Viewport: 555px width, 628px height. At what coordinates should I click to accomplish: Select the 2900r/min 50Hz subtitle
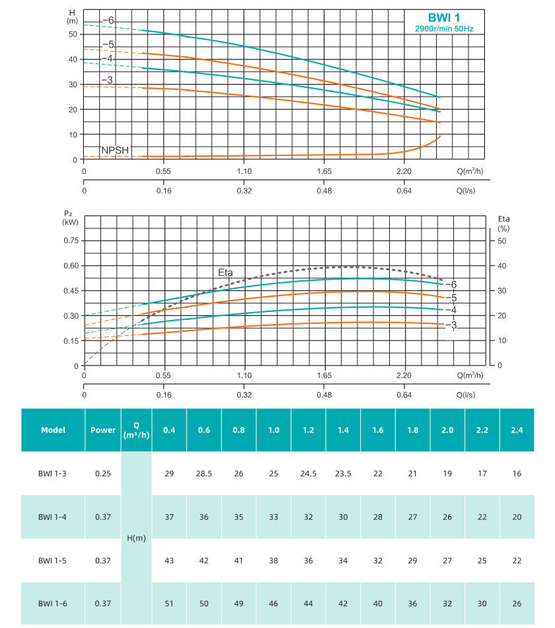(x=444, y=29)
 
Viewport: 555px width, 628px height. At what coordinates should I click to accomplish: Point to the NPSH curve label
(x=115, y=150)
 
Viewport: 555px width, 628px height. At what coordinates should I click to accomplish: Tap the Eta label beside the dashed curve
(x=225, y=272)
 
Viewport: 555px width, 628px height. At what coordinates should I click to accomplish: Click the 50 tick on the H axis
(x=73, y=34)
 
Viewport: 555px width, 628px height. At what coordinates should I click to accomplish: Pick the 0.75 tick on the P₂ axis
(x=70, y=241)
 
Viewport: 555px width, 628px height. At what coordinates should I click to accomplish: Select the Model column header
(x=53, y=430)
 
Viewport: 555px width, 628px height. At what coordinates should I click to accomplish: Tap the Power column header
(x=103, y=430)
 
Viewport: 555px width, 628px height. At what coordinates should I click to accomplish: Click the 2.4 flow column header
(x=517, y=430)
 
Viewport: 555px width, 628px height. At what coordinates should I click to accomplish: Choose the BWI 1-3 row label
(x=53, y=474)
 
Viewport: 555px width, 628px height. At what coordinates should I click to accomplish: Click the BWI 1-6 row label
(x=53, y=603)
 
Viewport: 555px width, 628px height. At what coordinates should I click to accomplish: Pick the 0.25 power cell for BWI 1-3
(x=103, y=474)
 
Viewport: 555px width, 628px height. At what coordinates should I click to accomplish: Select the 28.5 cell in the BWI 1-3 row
(x=203, y=474)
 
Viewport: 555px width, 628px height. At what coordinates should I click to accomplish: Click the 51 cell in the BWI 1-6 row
(x=169, y=603)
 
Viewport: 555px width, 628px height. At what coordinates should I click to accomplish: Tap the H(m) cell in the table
(x=136, y=538)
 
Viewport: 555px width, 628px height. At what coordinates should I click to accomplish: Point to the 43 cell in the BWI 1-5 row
(x=169, y=560)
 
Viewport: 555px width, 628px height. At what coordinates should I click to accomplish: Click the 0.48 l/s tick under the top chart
(x=324, y=191)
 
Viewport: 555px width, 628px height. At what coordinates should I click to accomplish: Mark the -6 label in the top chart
(x=108, y=20)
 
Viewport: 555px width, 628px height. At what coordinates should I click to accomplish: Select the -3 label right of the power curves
(x=451, y=325)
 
